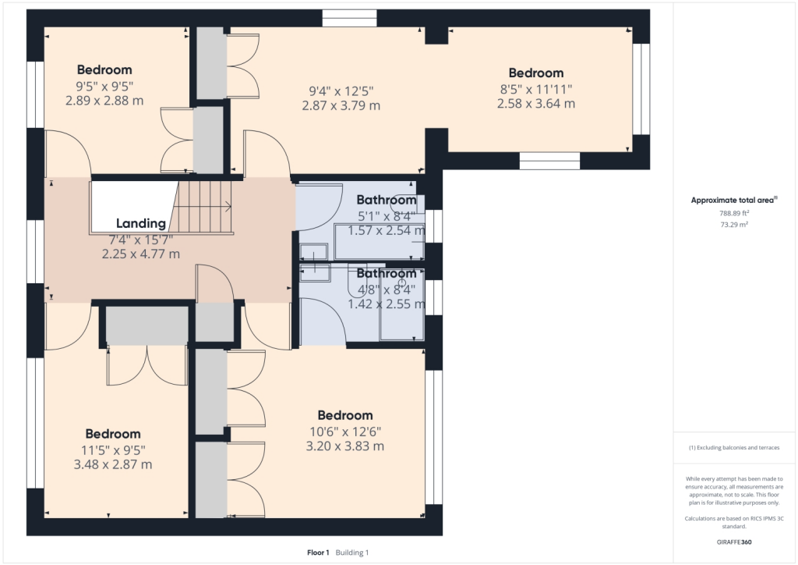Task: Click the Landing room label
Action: click(141, 223)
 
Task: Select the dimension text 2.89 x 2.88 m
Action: click(104, 101)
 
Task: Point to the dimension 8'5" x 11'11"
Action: click(535, 89)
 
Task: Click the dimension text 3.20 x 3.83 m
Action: click(345, 446)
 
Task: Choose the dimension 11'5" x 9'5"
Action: click(113, 450)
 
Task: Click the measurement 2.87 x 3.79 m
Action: click(341, 105)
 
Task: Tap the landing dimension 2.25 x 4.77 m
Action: click(141, 254)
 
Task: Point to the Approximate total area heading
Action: click(732, 201)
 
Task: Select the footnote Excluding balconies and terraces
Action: click(735, 447)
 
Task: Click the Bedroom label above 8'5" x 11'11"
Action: click(535, 73)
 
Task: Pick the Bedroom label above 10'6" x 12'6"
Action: click(345, 415)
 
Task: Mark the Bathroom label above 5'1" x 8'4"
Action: click(386, 200)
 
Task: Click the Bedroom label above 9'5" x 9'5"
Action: click(104, 70)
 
